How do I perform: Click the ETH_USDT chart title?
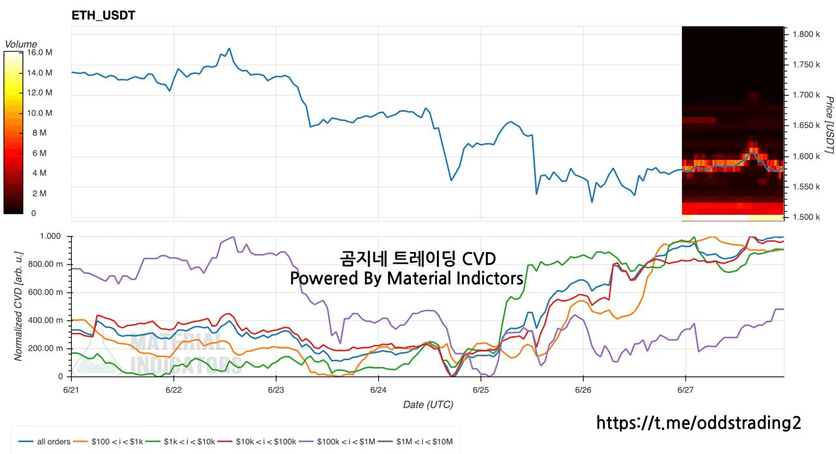pos(103,15)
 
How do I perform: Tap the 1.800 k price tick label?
pos(806,35)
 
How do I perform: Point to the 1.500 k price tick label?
pos(806,217)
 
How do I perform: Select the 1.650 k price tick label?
pos(806,125)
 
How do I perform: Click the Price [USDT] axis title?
pos(829,125)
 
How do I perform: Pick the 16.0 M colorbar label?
pos(40,52)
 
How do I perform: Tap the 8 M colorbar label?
pos(39,133)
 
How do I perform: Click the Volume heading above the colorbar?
pos(21,44)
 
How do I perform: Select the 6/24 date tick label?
pos(378,390)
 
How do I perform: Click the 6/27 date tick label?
pos(686,390)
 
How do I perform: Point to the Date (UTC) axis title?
pos(428,405)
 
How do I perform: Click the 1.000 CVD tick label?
pos(50,236)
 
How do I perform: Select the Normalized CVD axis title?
pos(18,306)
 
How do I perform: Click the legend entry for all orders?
pos(44,442)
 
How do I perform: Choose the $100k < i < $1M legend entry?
pos(339,442)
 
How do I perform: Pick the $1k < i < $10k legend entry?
pos(181,442)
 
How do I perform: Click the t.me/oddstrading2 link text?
pos(699,423)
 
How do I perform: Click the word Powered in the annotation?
pos(324,278)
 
